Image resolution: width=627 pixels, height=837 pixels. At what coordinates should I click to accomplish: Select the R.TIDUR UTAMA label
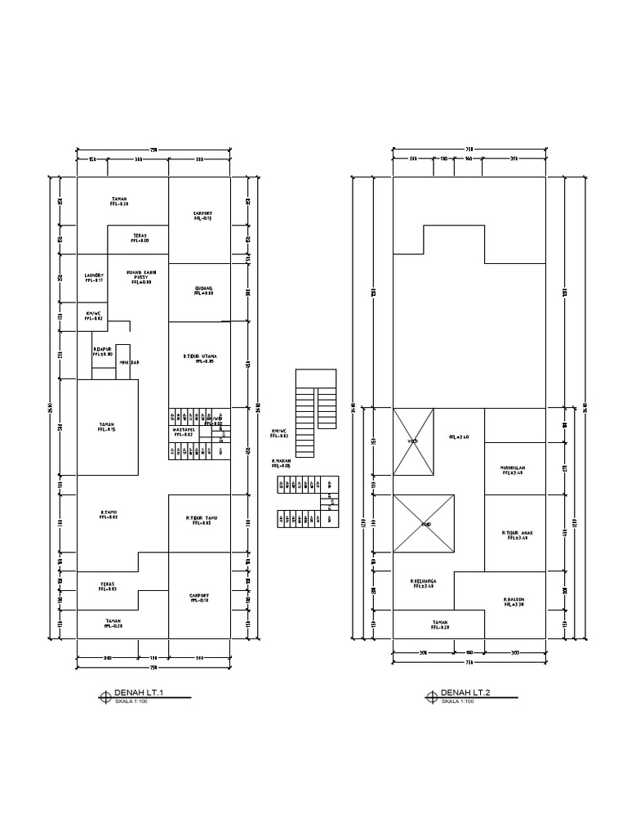point(199,356)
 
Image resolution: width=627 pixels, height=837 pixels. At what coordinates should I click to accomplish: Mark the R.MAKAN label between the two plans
point(282,461)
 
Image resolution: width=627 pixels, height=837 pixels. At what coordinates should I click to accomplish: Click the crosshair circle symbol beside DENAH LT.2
point(431,696)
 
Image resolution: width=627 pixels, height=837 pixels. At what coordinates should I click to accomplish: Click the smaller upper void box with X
point(413,441)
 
